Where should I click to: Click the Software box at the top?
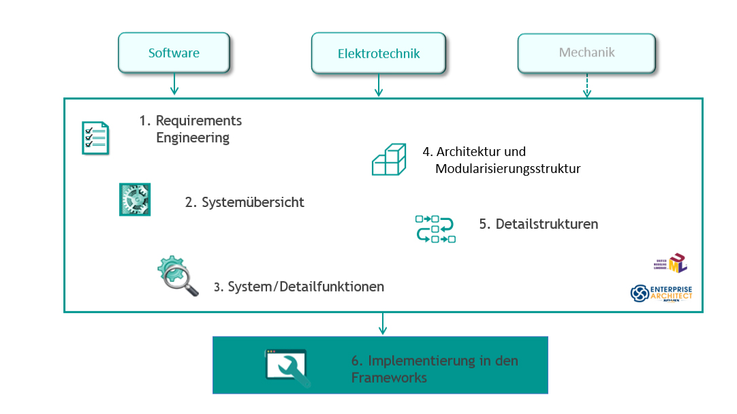pyautogui.click(x=174, y=53)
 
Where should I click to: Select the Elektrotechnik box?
pyautogui.click(x=379, y=53)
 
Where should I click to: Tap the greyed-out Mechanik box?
pyautogui.click(x=586, y=52)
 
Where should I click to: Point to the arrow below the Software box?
pyautogui.click(x=174, y=84)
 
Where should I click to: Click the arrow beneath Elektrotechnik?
pyautogui.click(x=379, y=85)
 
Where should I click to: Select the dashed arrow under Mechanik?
pyautogui.click(x=586, y=85)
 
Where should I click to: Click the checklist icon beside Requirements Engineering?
pyautogui.click(x=95, y=138)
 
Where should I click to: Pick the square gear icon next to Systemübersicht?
pyautogui.click(x=134, y=200)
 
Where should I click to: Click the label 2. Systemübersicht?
pyautogui.click(x=245, y=202)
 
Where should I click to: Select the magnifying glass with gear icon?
pyautogui.click(x=177, y=276)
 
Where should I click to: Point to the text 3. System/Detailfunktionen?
pyautogui.click(x=299, y=287)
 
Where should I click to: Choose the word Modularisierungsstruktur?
pyautogui.click(x=507, y=168)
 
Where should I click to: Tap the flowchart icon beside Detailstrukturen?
pyautogui.click(x=435, y=229)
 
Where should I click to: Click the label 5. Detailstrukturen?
pyautogui.click(x=538, y=224)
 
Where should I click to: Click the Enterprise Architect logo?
pyautogui.click(x=661, y=293)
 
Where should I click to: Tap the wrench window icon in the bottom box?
pyautogui.click(x=287, y=368)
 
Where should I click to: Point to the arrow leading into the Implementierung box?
pyautogui.click(x=383, y=324)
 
